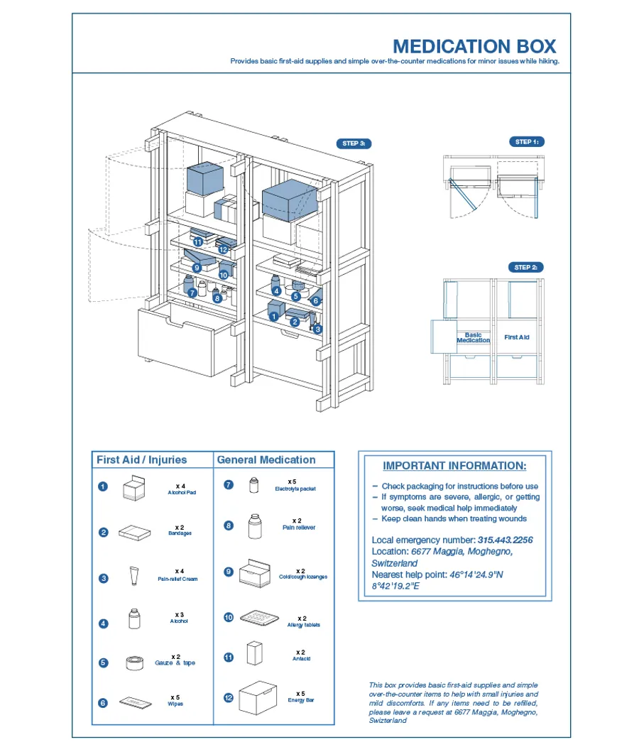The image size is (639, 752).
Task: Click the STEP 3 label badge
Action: tap(354, 143)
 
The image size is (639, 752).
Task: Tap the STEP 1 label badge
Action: tap(527, 142)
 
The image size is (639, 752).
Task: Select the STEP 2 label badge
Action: tap(526, 267)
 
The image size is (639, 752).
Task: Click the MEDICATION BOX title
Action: tap(474, 47)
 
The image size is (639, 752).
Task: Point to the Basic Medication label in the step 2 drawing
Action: tap(473, 337)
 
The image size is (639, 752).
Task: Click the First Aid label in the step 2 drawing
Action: tap(517, 337)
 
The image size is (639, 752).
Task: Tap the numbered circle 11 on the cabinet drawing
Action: tap(198, 242)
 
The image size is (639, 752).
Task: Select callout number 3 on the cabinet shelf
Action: tap(317, 329)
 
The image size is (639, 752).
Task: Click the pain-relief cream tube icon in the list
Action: tap(134, 576)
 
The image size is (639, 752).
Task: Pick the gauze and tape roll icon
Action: tap(135, 663)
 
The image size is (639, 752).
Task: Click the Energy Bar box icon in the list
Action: tap(258, 698)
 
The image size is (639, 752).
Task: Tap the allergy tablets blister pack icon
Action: tap(259, 618)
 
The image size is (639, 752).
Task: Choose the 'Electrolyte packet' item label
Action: tap(295, 489)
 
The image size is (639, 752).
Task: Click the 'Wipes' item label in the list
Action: tap(175, 704)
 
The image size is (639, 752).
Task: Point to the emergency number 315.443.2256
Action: tap(506, 540)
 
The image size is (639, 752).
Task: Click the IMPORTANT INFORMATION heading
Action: tap(454, 466)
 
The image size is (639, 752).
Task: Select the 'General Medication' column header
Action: tap(266, 460)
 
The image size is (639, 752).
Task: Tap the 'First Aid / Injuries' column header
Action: tap(142, 460)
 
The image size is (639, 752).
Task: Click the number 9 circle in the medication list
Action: tap(229, 572)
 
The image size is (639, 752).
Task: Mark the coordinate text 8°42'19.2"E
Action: tap(395, 586)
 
